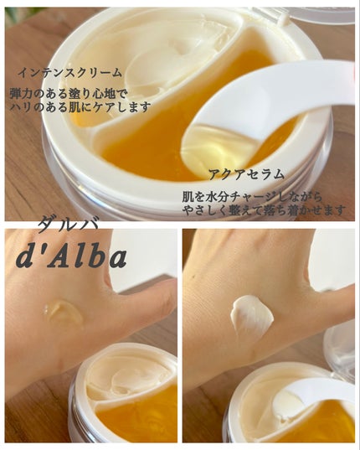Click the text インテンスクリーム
click(x=70, y=73)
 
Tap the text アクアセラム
click(x=246, y=174)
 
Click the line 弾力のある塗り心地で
click(x=68, y=94)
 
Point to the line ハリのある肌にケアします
click(x=80, y=106)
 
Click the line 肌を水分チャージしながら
click(x=252, y=197)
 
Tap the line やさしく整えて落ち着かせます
click(x=265, y=210)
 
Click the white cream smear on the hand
click(x=251, y=316)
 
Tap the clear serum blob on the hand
click(x=64, y=314)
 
